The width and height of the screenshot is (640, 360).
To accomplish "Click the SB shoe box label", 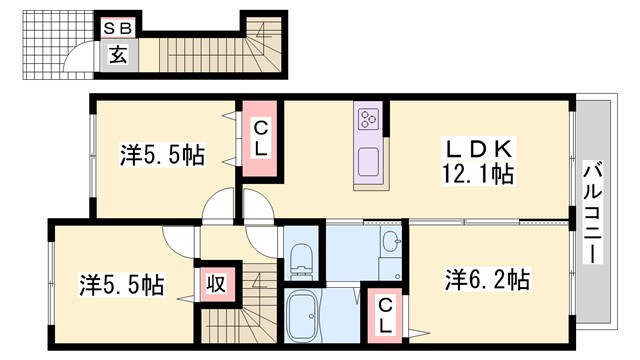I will point(118,28).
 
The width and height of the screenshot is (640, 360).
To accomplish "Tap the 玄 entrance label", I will point(118,56).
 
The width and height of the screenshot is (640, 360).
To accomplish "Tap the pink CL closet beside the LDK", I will point(259,139).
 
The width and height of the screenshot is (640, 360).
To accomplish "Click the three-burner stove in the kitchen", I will point(367,122).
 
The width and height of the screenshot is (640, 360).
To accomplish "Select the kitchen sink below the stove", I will point(367,162).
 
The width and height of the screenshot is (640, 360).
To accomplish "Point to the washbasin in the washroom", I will point(390,243).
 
